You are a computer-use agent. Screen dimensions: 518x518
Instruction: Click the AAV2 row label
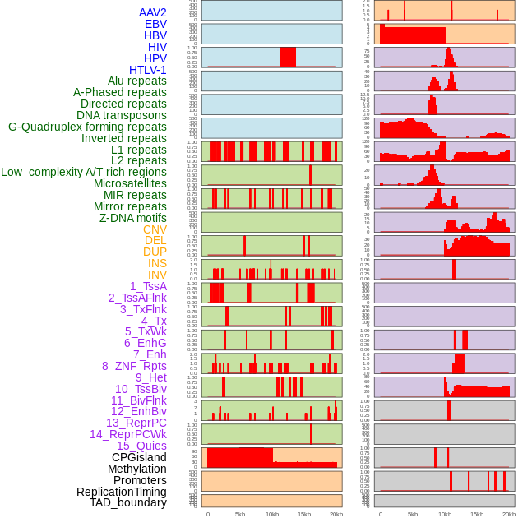click(152, 13)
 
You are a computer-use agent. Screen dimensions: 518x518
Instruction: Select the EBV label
click(155, 25)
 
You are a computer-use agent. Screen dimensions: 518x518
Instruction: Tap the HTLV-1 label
click(147, 70)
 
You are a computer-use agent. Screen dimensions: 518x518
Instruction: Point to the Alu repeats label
click(136, 81)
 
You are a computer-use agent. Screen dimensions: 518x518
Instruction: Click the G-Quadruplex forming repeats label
click(87, 127)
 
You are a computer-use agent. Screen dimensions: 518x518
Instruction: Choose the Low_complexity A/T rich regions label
click(83, 172)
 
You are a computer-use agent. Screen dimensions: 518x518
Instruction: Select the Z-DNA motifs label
click(133, 218)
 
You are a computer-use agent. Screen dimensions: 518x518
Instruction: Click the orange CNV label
click(155, 229)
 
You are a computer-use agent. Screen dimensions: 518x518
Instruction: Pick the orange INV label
click(157, 275)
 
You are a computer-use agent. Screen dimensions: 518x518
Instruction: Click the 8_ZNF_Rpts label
click(134, 366)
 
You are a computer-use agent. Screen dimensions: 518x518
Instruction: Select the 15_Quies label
click(141, 446)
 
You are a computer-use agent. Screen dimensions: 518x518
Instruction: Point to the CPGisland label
click(139, 457)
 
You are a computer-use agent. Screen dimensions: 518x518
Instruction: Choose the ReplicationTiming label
click(121, 492)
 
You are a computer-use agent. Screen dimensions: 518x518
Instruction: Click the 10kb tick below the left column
click(272, 514)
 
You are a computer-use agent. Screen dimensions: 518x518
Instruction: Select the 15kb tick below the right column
click(477, 514)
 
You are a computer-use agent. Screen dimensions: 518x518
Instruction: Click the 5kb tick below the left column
click(240, 514)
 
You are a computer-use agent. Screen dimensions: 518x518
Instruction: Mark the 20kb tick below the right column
click(509, 514)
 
